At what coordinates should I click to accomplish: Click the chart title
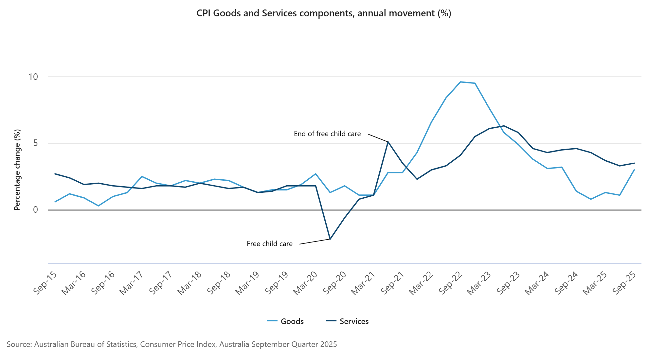pos(324,13)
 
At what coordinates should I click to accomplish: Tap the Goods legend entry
pos(286,321)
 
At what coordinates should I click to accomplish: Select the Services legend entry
pos(348,321)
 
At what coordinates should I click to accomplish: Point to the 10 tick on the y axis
pos(33,77)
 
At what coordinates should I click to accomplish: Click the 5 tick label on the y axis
pos(35,143)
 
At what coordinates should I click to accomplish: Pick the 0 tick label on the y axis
pos(35,210)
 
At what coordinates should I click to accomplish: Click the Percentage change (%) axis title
pos(17,170)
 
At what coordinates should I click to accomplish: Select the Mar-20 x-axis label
pos(305,283)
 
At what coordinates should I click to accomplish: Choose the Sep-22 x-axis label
pos(450,283)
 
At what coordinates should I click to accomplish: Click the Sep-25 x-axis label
pos(624,283)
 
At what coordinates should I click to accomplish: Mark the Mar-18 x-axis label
pos(189,283)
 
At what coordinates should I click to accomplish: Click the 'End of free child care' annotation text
pos(327,134)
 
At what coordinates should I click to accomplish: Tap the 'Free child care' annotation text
pos(270,244)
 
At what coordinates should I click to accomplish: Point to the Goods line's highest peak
pos(460,82)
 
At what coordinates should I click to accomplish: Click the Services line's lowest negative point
pos(330,239)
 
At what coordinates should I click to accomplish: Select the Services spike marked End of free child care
pos(388,142)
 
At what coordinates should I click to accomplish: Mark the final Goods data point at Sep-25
pos(634,170)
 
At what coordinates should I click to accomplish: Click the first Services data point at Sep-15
pos(55,174)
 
